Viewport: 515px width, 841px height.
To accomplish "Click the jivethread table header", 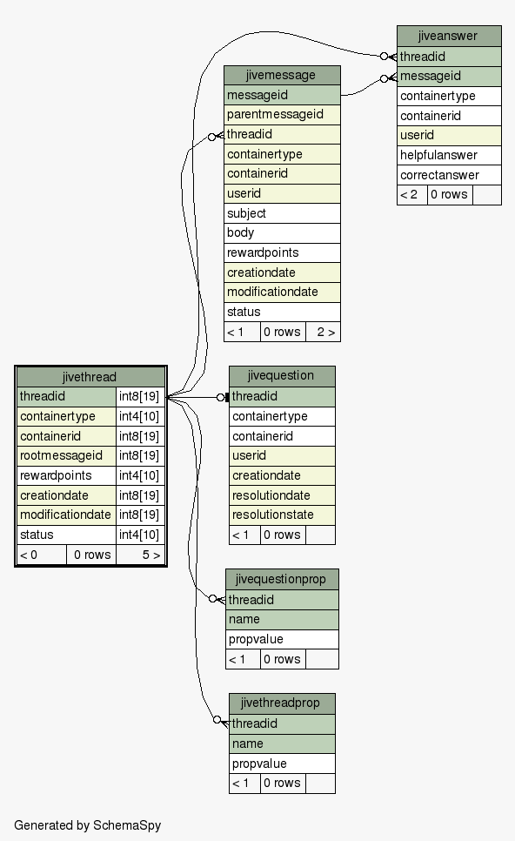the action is pyautogui.click(x=90, y=376).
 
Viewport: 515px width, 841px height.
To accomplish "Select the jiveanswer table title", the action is pyautogui.click(x=449, y=36).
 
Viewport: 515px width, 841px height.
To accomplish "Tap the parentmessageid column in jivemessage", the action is pyautogui.click(x=282, y=115).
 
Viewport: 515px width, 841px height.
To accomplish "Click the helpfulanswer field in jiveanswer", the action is pyautogui.click(x=449, y=156).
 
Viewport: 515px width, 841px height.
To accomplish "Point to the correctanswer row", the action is pyautogui.click(x=449, y=175).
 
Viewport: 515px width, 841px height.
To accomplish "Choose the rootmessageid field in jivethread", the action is pyautogui.click(x=66, y=456).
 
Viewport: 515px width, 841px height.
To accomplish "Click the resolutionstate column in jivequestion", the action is pyautogui.click(x=282, y=515).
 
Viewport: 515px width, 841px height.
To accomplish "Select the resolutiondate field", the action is pyautogui.click(x=282, y=495).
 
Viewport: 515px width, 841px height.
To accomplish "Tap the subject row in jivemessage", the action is pyautogui.click(x=282, y=213).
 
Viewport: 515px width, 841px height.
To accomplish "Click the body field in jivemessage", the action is pyautogui.click(x=282, y=232).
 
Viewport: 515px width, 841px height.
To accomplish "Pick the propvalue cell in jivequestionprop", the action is pyautogui.click(x=282, y=639).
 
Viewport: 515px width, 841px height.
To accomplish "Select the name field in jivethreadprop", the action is pyautogui.click(x=282, y=743).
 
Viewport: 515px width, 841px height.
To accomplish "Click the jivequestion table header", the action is pyautogui.click(x=282, y=376).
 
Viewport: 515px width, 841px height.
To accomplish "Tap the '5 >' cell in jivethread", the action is pyautogui.click(x=140, y=555).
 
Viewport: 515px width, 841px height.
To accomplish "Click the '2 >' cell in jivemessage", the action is pyautogui.click(x=323, y=332).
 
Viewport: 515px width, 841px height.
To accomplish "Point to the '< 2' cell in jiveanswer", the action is pyautogui.click(x=412, y=195).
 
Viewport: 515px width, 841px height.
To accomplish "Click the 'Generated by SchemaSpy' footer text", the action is pyautogui.click(x=87, y=825).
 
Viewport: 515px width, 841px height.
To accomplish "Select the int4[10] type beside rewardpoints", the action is pyautogui.click(x=140, y=475).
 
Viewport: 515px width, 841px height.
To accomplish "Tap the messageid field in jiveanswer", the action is pyautogui.click(x=449, y=76).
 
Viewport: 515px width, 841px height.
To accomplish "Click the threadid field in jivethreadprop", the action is pyautogui.click(x=282, y=724).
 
